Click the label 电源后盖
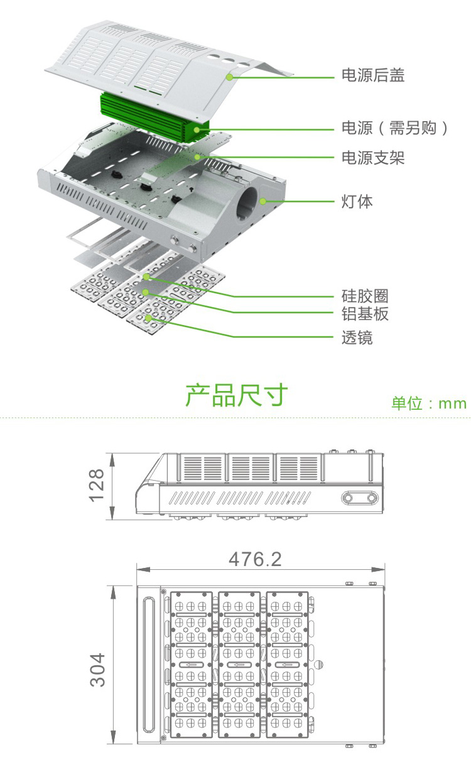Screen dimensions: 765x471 (372, 76)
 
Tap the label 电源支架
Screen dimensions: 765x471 (372, 158)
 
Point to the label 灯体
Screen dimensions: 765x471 (357, 201)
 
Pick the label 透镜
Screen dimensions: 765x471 (357, 338)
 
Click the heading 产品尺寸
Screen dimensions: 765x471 (236, 395)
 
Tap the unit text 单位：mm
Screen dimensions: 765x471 (429, 403)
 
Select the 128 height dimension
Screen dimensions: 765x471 (96, 485)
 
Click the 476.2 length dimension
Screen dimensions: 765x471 (255, 559)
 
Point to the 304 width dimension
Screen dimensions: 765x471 (97, 669)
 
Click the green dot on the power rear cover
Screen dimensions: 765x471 (230, 77)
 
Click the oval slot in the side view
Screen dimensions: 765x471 (360, 498)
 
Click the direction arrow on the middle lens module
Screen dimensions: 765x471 (239, 665)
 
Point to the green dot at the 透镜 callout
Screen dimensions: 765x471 (149, 318)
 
